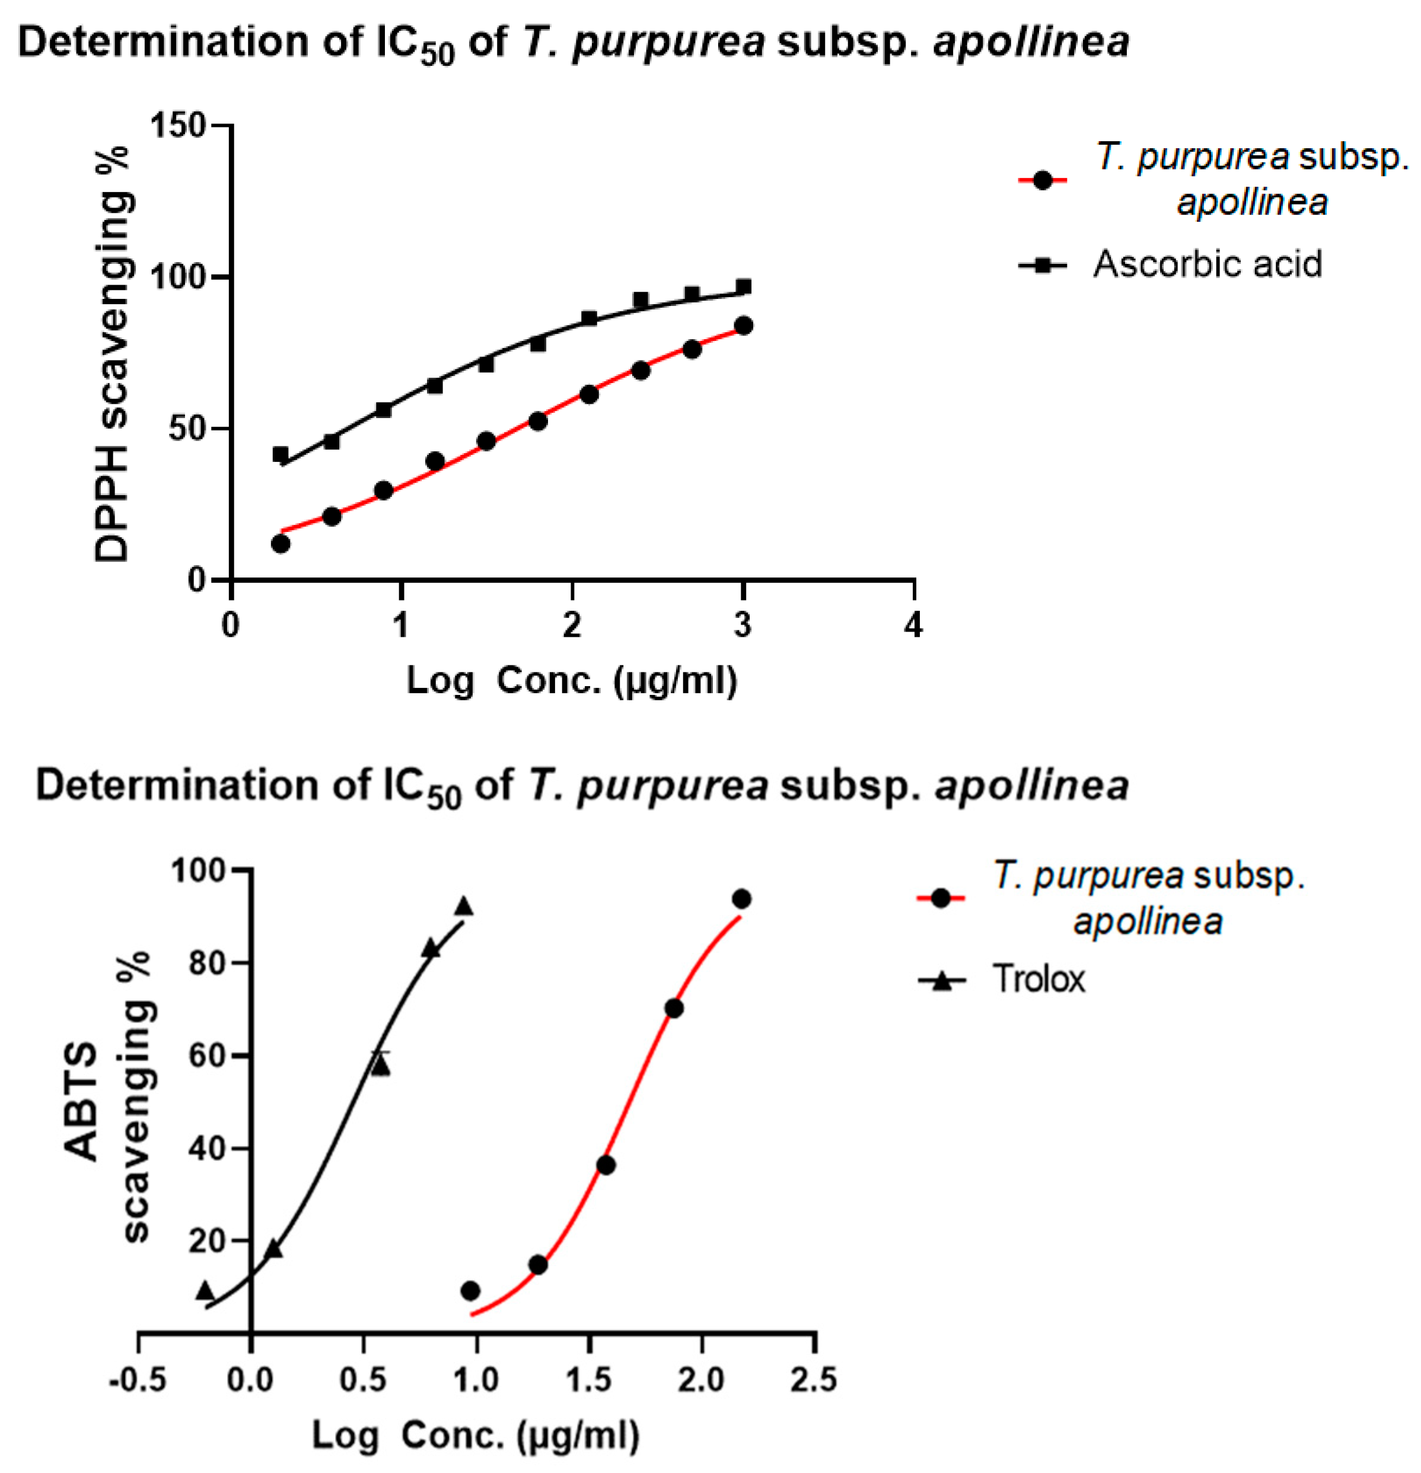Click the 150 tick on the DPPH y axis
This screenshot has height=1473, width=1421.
click(x=178, y=125)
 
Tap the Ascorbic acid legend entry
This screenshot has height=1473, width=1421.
click(x=1207, y=264)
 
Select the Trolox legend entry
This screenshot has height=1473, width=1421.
click(x=1038, y=979)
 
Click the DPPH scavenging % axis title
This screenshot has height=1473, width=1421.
click(x=112, y=353)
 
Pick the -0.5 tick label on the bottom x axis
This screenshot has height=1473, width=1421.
click(x=138, y=1380)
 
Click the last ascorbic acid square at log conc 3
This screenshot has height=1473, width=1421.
click(x=743, y=287)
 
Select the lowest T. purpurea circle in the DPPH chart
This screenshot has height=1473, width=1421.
click(x=281, y=543)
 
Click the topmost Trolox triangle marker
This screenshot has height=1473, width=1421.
click(x=464, y=906)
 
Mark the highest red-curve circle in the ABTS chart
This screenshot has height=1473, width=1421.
click(x=742, y=899)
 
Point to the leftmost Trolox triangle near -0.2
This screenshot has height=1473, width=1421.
click(x=205, y=1291)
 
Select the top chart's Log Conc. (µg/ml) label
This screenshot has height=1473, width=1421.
click(x=572, y=681)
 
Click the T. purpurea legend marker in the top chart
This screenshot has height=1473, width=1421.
click(x=1042, y=180)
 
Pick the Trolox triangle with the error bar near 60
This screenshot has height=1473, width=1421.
click(x=381, y=1064)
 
